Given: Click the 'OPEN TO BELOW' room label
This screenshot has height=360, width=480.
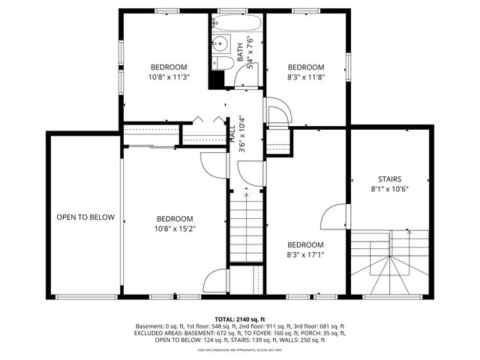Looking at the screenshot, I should [x=85, y=217].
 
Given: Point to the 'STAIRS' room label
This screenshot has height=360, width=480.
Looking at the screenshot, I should [x=390, y=178].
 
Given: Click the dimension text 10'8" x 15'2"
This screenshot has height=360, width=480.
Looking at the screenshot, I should [x=175, y=229].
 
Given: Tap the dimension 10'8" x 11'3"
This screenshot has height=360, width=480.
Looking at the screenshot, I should [x=168, y=76].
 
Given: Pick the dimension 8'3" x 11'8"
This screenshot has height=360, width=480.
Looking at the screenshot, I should [x=305, y=76].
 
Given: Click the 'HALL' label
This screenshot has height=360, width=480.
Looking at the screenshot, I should [x=232, y=134].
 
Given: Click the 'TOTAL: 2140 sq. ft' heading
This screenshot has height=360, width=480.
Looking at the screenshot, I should [x=240, y=319].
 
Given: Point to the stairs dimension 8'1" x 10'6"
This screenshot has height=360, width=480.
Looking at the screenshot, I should [x=390, y=189].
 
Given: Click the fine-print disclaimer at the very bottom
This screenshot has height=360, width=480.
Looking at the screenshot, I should [x=240, y=349].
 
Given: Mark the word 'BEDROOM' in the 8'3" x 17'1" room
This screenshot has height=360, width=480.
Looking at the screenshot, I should [x=305, y=244].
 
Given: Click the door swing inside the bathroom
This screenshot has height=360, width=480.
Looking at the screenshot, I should [x=252, y=73].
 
